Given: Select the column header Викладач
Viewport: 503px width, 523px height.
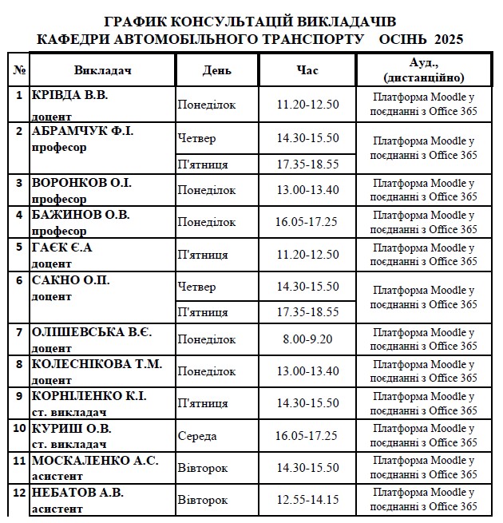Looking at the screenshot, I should coord(102,70).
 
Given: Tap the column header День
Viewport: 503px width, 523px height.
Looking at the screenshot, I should coord(217,70).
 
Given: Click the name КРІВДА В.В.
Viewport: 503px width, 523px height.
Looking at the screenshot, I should coord(69,94).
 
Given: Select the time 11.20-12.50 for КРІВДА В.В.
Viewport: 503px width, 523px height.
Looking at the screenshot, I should coord(307,105).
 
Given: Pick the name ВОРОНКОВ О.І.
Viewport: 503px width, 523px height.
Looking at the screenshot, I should coord(81,183).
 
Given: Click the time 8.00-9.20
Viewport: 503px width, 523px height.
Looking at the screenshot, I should coord(307,339).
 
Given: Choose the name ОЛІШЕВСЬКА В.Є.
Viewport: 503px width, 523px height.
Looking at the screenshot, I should coord(91,331).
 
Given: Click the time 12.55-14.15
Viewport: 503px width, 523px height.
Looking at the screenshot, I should coord(307,500).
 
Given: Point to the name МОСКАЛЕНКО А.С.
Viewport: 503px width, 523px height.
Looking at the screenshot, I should coord(94,460).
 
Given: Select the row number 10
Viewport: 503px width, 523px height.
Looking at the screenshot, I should coord(19,427).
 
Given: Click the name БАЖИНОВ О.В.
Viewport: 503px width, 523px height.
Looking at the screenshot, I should coord(80,215).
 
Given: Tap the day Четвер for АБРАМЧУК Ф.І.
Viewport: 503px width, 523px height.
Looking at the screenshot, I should coord(197,138).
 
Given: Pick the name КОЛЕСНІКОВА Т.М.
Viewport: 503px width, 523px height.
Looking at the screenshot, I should coord(96,363).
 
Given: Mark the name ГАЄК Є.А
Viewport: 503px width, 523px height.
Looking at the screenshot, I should coord(62,247).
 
